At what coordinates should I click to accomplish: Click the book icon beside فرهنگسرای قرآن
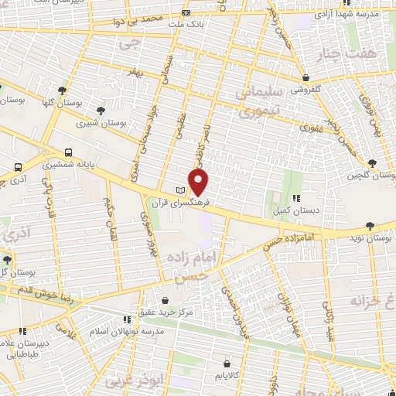(x=181, y=191)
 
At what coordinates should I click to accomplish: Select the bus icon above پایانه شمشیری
(x=70, y=152)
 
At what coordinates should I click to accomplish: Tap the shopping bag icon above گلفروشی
(x=307, y=77)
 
